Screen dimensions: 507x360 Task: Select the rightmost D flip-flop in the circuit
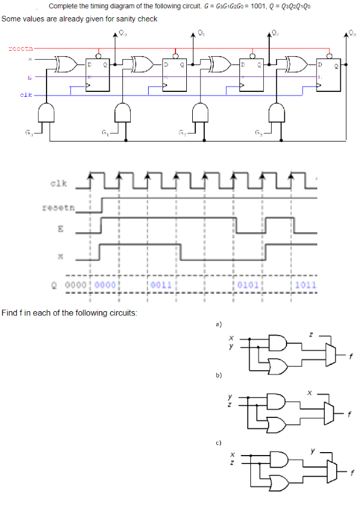(x=328, y=74)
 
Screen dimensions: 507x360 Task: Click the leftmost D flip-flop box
(x=98, y=74)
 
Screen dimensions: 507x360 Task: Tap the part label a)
(x=219, y=324)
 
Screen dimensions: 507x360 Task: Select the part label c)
(x=219, y=443)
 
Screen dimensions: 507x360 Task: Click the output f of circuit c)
(x=352, y=475)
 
